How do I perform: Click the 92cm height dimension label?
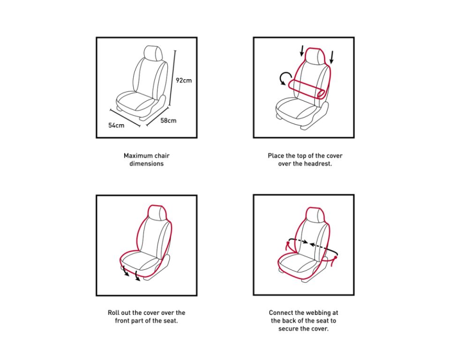click(184, 80)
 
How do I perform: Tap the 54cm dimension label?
click(116, 126)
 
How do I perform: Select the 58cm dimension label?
click(168, 120)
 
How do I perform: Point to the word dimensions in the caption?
click(146, 164)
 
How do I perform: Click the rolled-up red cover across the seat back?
click(307, 89)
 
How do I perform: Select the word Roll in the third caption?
click(113, 313)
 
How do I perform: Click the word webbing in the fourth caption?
click(318, 313)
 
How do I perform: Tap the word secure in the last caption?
click(287, 329)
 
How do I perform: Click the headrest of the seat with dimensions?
click(153, 53)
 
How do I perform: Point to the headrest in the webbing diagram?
click(315, 215)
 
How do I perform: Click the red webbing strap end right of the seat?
click(335, 259)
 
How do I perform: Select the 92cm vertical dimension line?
click(172, 78)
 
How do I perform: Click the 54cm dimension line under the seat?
click(125, 118)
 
